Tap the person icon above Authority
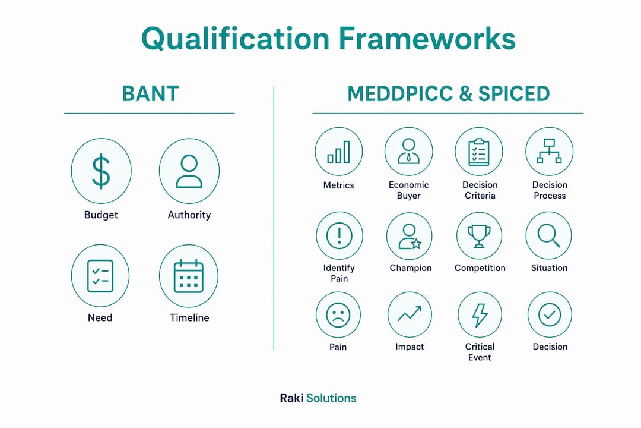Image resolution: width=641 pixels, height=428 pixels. point(189,171)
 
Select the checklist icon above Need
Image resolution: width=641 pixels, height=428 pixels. point(100,276)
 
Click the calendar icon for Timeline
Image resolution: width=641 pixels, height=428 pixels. point(189,276)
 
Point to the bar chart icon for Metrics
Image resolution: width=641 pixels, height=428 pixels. point(338,152)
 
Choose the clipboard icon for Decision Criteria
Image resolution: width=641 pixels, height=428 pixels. point(479,152)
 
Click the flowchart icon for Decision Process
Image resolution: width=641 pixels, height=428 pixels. point(549,151)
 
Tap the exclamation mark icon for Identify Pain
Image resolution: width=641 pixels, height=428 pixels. point(339,236)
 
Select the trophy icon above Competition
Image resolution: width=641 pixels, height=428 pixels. point(479,237)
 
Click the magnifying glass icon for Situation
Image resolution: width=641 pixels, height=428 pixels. point(548,235)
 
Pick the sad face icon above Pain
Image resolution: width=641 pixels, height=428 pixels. point(338,315)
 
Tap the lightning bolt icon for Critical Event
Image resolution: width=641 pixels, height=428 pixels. point(480,316)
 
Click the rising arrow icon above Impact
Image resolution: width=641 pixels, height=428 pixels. point(410,314)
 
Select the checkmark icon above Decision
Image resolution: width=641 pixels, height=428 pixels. point(550,315)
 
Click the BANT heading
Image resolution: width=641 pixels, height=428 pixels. point(150,94)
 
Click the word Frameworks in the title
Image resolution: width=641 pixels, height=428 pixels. point(427,39)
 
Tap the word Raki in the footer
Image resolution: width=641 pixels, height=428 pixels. point(291,398)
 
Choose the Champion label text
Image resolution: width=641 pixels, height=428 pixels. point(411,268)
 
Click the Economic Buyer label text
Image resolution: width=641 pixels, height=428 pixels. point(409,190)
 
